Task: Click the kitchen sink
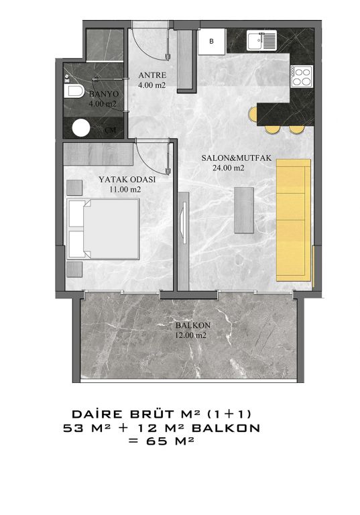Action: coord(261,40)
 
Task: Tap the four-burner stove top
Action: coord(302,76)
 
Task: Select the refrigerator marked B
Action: coord(212,42)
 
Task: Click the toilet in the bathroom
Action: coord(74,91)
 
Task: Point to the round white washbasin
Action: coord(81,128)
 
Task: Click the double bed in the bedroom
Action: coord(103,229)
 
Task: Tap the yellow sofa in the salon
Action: coord(294,220)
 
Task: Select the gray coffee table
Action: coord(244,210)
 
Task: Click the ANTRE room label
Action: coord(152,75)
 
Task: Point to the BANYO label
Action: coord(104,94)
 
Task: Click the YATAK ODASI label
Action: coord(127,180)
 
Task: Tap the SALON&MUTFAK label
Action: coord(237,158)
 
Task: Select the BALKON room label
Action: coord(193,325)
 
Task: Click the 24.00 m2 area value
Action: coord(229,168)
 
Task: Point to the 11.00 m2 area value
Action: coord(125,190)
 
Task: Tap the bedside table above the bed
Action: coord(74,188)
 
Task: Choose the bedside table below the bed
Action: coord(74,270)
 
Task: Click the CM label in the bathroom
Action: coord(111,130)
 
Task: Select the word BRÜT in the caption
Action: coord(152,414)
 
